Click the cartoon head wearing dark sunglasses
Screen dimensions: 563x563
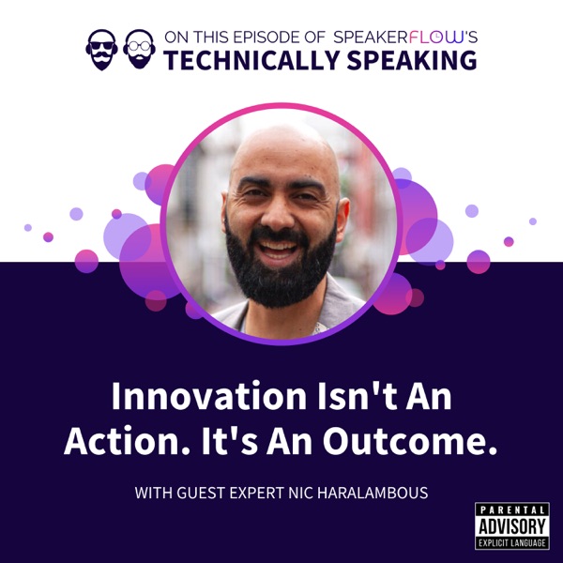click(x=102, y=50)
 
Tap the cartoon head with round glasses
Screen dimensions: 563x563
click(x=139, y=49)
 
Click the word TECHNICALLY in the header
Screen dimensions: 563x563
click(x=251, y=60)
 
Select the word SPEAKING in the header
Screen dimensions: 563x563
click(x=412, y=60)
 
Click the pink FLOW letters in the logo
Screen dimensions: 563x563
click(x=436, y=37)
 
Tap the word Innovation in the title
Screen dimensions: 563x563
click(x=209, y=396)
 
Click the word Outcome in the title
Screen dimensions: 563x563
click(x=409, y=441)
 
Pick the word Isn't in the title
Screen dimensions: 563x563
click(x=357, y=396)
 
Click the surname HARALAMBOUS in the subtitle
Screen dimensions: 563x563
click(x=373, y=493)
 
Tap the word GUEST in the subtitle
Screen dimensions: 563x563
click(x=201, y=493)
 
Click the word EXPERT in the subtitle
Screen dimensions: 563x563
click(x=257, y=493)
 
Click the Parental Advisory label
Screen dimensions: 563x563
click(x=512, y=525)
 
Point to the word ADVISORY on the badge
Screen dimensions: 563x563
click(x=512, y=526)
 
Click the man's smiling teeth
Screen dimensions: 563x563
click(x=278, y=247)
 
